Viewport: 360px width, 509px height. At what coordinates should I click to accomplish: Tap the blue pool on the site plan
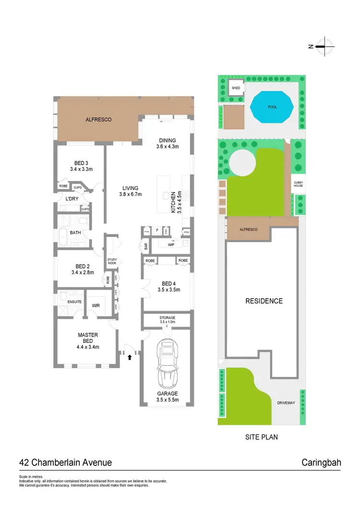pyautogui.click(x=272, y=107)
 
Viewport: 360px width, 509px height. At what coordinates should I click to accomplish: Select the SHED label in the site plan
pyautogui.click(x=236, y=88)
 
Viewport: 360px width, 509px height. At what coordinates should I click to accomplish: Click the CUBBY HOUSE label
pyautogui.click(x=298, y=184)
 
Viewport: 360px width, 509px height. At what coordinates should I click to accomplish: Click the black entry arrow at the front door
pyautogui.click(x=129, y=356)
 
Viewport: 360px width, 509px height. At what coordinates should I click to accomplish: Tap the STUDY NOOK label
pyautogui.click(x=112, y=262)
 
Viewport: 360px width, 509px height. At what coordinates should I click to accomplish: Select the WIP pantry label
pyautogui.click(x=171, y=245)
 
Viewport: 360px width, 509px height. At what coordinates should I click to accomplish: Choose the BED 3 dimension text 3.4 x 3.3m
pyautogui.click(x=81, y=169)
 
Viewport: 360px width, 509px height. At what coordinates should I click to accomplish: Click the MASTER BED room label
pyautogui.click(x=88, y=338)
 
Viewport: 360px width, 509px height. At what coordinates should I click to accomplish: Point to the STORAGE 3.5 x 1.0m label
pyautogui.click(x=168, y=320)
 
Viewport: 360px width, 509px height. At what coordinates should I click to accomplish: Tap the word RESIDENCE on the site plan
pyautogui.click(x=264, y=301)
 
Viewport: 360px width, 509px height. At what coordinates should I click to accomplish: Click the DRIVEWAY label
pyautogui.click(x=286, y=403)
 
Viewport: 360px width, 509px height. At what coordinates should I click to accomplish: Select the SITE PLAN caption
pyautogui.click(x=261, y=437)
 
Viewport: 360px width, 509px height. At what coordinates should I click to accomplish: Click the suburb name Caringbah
pyautogui.click(x=321, y=462)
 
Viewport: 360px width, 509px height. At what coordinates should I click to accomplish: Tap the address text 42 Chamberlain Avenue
pyautogui.click(x=65, y=462)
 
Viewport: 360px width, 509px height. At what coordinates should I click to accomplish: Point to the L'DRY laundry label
pyautogui.click(x=72, y=198)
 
